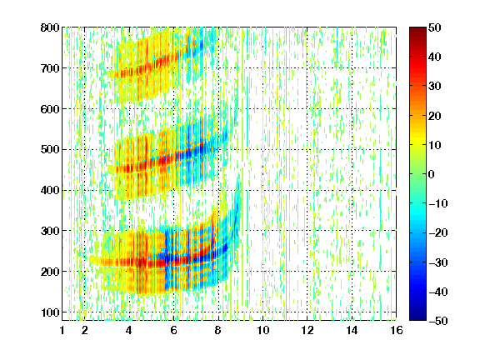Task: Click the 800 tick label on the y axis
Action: [x=50, y=27]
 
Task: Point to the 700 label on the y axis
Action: [x=50, y=68]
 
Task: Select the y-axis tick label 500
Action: [x=50, y=150]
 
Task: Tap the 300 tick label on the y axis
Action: [x=50, y=231]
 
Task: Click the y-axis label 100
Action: [x=50, y=312]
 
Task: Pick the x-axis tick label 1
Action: [x=62, y=330]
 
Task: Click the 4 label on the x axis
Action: [x=129, y=330]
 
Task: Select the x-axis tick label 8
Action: [x=217, y=330]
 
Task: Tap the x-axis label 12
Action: [x=307, y=330]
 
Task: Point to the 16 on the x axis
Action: [x=397, y=330]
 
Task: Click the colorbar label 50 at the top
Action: [x=434, y=27]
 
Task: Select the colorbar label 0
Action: [x=432, y=174]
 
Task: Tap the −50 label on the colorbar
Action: [x=438, y=321]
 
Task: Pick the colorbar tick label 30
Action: [x=434, y=87]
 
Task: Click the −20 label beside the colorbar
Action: [x=438, y=232]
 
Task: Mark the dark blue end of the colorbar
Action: [x=417, y=318]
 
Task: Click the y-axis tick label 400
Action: [x=50, y=190]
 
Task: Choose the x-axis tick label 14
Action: [x=352, y=330]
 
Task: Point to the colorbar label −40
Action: [x=438, y=292]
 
